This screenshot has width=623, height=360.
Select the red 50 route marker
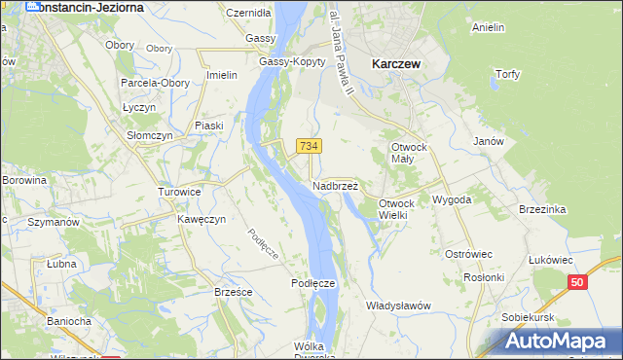(x=578, y=282)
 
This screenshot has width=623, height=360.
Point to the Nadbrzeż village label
(x=336, y=185)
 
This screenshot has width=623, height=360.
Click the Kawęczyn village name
(x=202, y=219)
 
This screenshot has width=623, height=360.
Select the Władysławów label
(x=398, y=306)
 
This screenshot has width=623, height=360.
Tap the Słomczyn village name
(x=150, y=136)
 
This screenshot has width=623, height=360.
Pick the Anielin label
(x=488, y=27)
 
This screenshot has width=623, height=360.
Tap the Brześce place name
(x=234, y=291)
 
